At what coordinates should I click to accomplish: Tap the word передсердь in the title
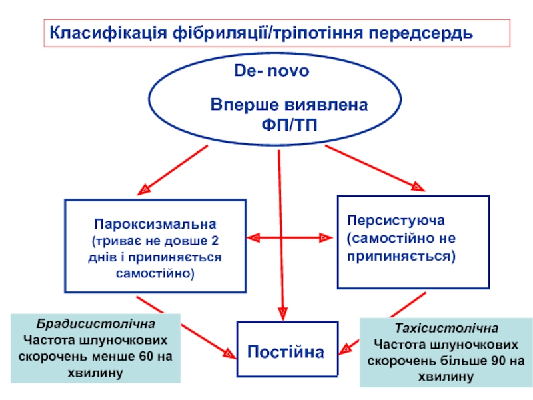coord(421,33)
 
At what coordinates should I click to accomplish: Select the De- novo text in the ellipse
coord(272,71)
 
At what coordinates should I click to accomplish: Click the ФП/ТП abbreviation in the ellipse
coord(289,125)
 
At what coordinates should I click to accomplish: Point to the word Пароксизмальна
coord(155,224)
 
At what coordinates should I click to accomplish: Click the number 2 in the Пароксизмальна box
coord(215,241)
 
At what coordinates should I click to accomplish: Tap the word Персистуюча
coord(396,221)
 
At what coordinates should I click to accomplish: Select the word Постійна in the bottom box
coord(286,352)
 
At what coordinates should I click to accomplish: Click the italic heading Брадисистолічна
coord(95,324)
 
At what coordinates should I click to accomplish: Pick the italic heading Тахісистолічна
coord(446,328)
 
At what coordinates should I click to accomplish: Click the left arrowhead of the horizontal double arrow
coord(253,238)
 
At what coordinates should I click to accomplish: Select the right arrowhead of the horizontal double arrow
coord(326,238)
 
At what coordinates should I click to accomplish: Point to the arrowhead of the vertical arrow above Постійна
coord(282,313)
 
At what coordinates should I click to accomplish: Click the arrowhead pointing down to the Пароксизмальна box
coord(144,189)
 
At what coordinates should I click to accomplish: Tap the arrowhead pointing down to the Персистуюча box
coord(418,187)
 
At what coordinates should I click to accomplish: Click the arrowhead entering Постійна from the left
coord(229,354)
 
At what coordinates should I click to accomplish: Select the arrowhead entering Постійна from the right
coord(345,349)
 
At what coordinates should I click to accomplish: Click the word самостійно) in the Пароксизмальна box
coord(155,274)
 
